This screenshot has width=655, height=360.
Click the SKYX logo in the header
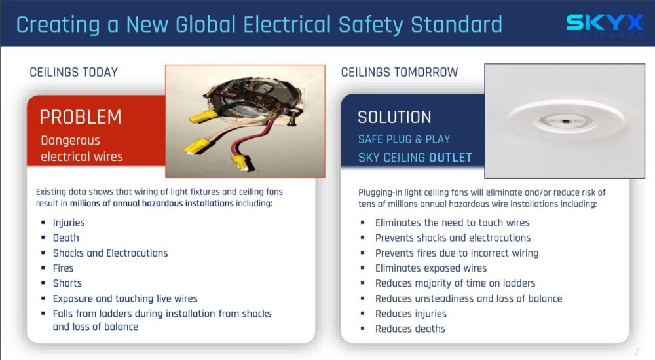coord(605,25)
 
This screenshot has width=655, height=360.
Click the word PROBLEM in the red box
coord(81,117)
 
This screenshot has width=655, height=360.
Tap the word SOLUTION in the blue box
coord(394,117)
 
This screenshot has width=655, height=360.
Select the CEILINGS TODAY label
coord(73,72)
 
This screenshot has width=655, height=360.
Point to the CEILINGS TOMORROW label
coord(400,72)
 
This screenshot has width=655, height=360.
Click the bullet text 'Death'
coord(65,238)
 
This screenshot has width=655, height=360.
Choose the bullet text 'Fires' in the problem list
coord(63,268)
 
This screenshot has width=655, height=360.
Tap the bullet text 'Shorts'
coord(67,283)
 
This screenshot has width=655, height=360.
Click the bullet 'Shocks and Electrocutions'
coord(110,253)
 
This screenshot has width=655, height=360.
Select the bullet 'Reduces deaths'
coord(410,329)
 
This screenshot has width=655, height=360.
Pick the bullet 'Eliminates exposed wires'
coord(431,268)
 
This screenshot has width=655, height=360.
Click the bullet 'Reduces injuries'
coord(411,314)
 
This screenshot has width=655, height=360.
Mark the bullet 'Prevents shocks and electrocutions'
coord(453,238)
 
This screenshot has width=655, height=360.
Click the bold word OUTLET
coord(451,158)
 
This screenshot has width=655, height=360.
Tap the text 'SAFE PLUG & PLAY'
coord(404,139)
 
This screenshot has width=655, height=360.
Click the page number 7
coord(636,351)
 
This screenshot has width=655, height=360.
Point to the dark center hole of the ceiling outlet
coord(565,122)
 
